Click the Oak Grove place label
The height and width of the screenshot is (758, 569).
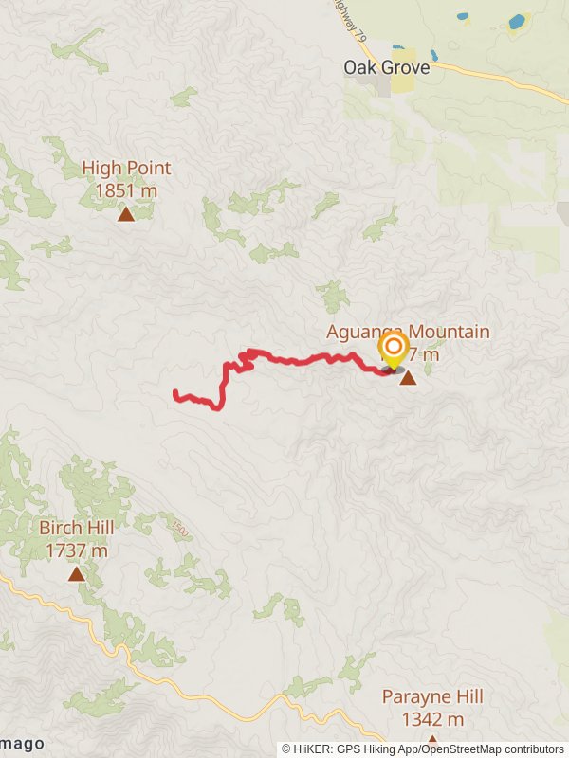pyautogui.click(x=386, y=68)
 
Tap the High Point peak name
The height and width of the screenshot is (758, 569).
pyautogui.click(x=126, y=169)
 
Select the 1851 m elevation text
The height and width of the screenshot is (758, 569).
pyautogui.click(x=126, y=190)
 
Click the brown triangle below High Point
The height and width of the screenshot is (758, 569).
pyautogui.click(x=126, y=215)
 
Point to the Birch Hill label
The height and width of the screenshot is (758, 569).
pyautogui.click(x=76, y=528)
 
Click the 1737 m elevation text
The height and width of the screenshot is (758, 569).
pyautogui.click(x=76, y=550)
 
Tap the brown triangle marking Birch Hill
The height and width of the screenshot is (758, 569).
pyautogui.click(x=76, y=574)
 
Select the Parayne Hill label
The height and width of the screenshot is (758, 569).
pyautogui.click(x=432, y=697)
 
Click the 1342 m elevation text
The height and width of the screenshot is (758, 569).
pyautogui.click(x=432, y=719)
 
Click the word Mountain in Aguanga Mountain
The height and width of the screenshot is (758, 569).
pyautogui.click(x=450, y=332)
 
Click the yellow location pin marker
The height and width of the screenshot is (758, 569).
pyautogui.click(x=393, y=349)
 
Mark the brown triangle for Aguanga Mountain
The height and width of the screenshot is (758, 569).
pyautogui.click(x=408, y=379)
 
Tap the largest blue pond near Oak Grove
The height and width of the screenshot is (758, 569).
pyautogui.click(x=517, y=21)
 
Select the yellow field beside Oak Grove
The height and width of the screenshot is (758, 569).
pyautogui.click(x=403, y=84)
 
